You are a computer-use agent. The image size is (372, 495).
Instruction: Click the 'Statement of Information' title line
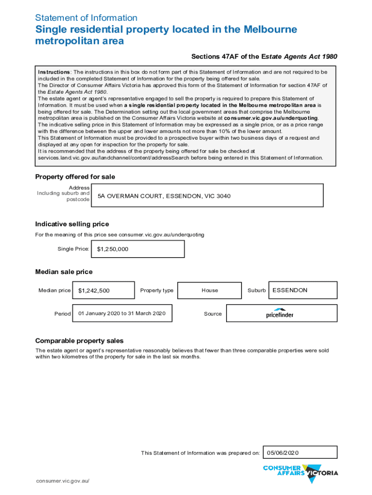click(86, 18)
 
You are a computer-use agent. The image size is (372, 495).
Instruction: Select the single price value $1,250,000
click(113, 249)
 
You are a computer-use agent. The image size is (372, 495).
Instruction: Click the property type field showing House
click(210, 291)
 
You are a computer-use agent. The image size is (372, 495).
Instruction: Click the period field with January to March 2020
click(122, 314)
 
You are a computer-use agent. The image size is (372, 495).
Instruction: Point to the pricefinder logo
click(279, 314)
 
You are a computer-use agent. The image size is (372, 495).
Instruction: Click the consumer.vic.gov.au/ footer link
click(63, 481)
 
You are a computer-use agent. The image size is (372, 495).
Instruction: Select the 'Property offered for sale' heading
click(75, 177)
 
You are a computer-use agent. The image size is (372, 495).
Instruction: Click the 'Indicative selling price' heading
click(72, 224)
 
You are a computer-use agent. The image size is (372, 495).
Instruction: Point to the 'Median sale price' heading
click(64, 272)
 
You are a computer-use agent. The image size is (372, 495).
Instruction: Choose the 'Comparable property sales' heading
click(79, 341)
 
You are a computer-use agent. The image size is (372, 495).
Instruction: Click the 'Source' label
click(213, 314)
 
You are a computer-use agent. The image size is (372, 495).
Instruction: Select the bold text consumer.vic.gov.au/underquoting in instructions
click(268, 117)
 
